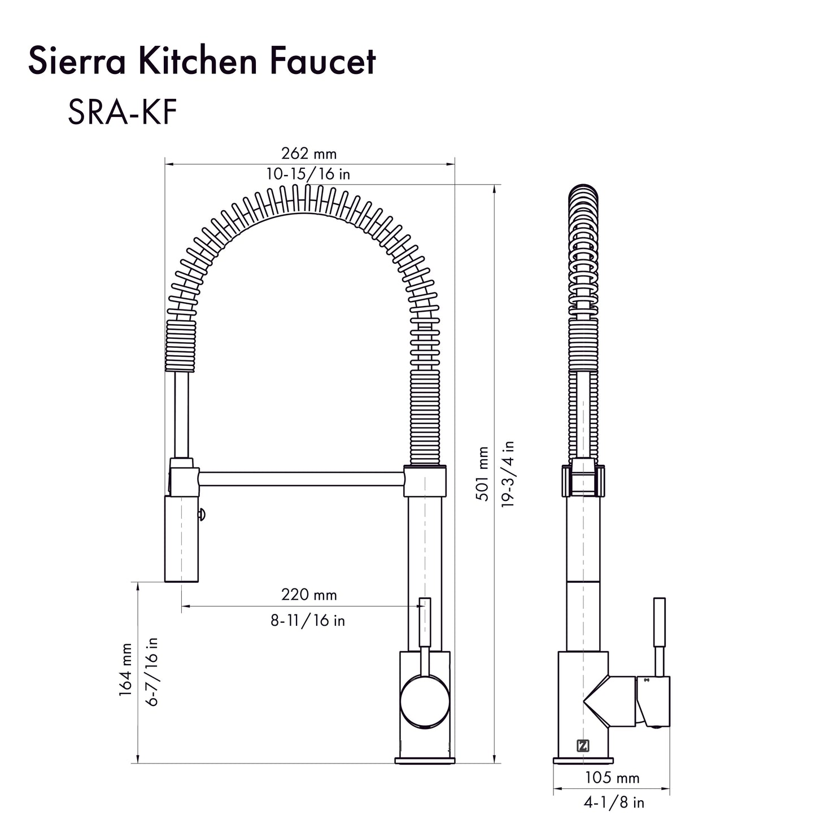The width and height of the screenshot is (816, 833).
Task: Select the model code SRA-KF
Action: coord(122,112)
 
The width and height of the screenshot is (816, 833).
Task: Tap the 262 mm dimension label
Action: coord(308,154)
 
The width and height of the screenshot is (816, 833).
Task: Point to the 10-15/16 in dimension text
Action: coord(308,174)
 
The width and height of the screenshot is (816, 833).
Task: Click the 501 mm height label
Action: coord(483,473)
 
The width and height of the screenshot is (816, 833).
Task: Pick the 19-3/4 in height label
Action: coord(508,473)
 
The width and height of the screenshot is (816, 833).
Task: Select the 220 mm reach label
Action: coord(309,594)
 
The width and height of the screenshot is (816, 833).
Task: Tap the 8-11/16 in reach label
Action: coord(308,621)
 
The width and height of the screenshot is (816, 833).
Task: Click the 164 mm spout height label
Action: coord(125,669)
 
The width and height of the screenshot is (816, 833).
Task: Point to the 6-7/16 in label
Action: coord(152,671)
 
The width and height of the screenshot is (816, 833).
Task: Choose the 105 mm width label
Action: coord(612,778)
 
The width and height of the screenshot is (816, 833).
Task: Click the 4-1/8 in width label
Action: coord(614,803)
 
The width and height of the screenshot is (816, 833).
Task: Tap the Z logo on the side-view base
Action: coord(583,745)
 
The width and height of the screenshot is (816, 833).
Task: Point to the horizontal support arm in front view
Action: coord(301,479)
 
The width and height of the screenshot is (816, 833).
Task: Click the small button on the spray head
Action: coord(202,514)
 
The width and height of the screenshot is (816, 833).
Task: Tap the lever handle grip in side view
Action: coord(659,622)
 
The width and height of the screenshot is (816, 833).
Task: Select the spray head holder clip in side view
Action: coord(583,481)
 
